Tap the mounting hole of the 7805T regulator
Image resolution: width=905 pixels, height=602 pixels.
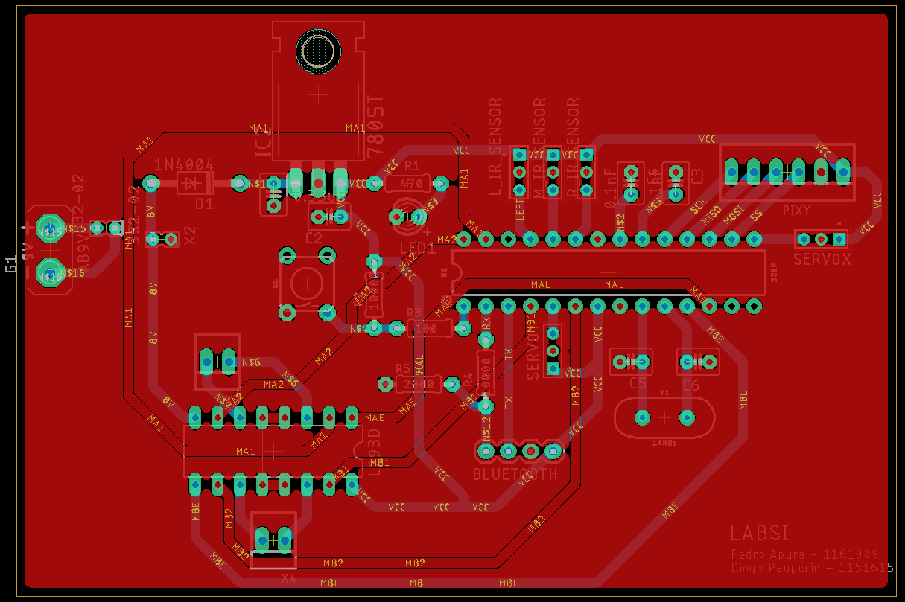pos(319,51)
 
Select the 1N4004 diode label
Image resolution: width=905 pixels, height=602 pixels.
pos(184,165)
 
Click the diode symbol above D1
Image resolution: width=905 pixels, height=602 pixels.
pos(194,182)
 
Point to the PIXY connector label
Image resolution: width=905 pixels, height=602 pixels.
pos(797,211)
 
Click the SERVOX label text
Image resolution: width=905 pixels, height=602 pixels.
pos(822,260)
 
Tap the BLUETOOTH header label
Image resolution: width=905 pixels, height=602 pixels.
pos(515,474)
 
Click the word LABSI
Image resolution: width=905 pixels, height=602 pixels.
pos(760,533)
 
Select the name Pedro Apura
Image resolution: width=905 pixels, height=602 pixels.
pos(768,554)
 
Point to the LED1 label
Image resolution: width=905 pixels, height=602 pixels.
pos(417,248)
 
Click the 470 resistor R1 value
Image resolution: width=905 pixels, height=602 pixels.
pos(411,183)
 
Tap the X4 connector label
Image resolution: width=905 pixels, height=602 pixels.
pos(289,578)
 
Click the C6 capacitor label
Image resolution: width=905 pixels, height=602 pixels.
pos(690,385)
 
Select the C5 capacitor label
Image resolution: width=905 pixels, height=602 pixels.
pos(638,383)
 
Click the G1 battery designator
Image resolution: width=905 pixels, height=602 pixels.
pos(11,264)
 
